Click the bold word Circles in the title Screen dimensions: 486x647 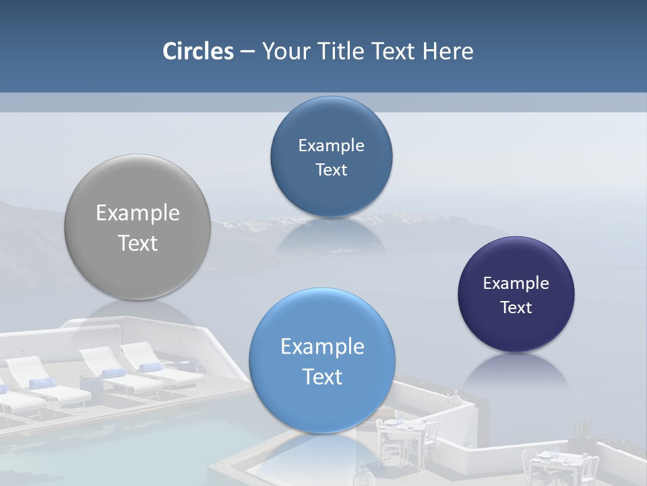198,51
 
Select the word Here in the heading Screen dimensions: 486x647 448,51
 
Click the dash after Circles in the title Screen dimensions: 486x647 247,51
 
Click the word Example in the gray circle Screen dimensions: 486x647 137,213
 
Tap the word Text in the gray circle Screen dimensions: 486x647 137,243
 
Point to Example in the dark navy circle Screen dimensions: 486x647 516,283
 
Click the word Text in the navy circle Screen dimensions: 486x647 516,308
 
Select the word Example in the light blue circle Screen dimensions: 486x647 322,347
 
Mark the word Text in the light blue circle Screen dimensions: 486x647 322,377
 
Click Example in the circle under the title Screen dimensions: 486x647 331,146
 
